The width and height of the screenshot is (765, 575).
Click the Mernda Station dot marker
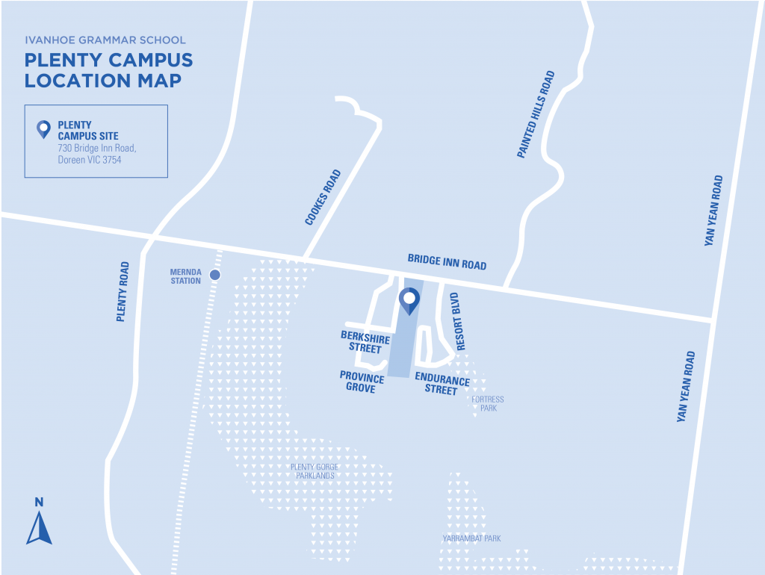215,276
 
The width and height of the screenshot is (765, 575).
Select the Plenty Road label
123,291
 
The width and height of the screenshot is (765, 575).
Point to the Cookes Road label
323,198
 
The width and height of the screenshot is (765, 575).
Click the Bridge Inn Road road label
447,261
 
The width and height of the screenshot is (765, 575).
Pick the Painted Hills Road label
536,114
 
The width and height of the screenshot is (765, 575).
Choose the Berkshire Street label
365,343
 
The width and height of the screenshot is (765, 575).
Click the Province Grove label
362,382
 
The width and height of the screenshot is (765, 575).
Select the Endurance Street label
442,385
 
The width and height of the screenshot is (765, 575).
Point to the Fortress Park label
488,404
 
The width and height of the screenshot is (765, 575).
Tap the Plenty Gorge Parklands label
313,471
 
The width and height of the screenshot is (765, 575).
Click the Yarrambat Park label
471,538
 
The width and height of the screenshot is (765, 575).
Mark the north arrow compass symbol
39,522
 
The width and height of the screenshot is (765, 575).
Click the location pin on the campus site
409,300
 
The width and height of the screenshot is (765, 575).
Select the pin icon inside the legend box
44,130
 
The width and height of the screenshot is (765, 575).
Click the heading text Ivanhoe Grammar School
105,40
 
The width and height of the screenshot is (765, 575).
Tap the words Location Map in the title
103,81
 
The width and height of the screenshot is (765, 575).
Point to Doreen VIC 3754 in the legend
90,160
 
